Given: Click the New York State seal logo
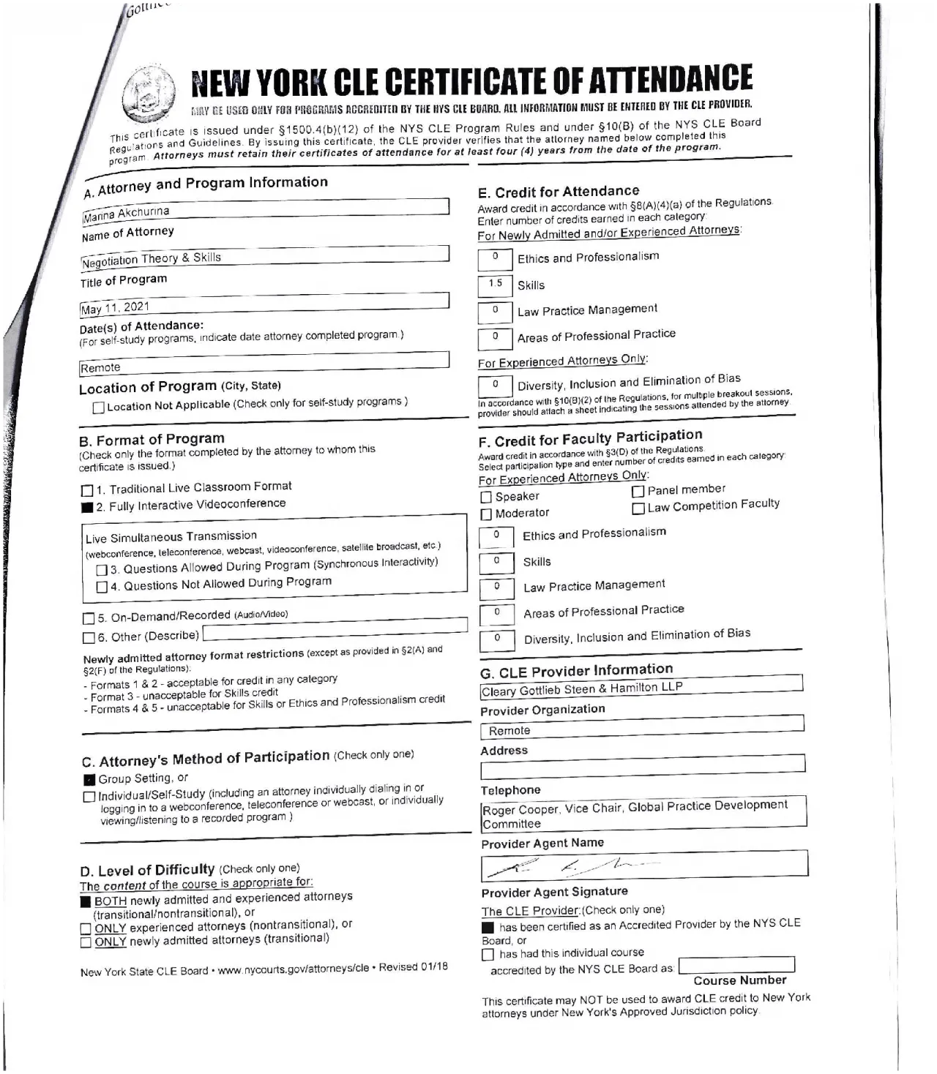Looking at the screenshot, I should (150, 94).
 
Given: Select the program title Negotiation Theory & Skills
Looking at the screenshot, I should (152, 259).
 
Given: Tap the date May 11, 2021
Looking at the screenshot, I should (115, 308).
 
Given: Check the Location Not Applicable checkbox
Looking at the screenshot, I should (99, 408).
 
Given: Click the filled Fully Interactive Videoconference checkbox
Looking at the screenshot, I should (87, 508).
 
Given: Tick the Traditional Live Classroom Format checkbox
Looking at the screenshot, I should (87, 490).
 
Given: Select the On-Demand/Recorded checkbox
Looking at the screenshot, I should (89, 618).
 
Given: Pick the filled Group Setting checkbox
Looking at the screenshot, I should (89, 780).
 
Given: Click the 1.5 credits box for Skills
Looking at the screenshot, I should (496, 285).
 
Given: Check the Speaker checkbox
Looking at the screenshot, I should (486, 497).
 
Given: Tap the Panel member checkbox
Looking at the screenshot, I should (638, 492).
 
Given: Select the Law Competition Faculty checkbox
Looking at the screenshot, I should (638, 508).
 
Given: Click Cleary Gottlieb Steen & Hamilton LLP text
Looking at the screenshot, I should (581, 689).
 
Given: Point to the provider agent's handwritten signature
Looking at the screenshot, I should (571, 867).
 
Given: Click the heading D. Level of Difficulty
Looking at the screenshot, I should (147, 870).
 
